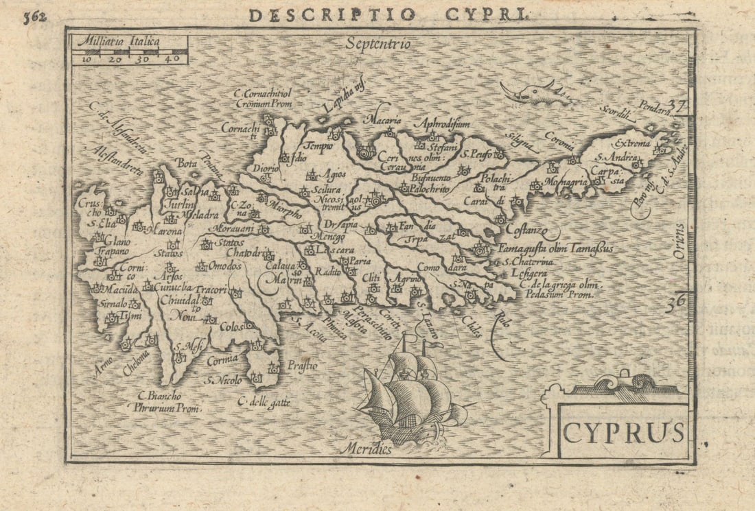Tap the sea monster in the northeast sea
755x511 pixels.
coord(536,93)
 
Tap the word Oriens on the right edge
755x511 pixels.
coord(678,241)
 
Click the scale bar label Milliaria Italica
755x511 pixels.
coord(117,42)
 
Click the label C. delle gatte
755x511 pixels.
coord(264,403)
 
